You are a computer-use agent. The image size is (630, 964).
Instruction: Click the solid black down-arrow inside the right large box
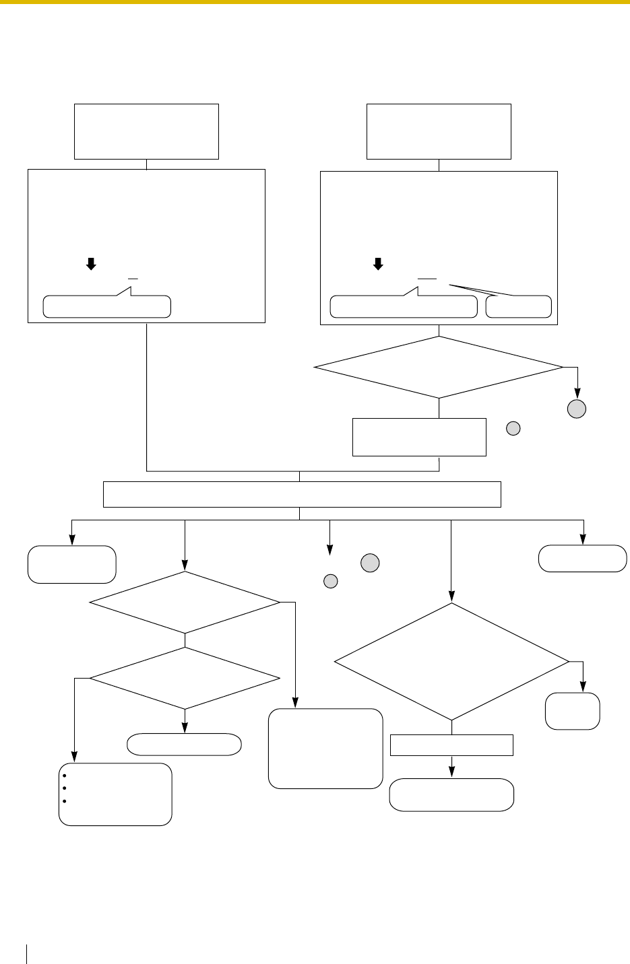tap(378, 265)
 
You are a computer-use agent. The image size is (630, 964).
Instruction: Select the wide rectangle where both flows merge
tap(301, 494)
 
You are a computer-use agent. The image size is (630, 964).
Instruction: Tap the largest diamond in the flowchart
tap(451, 661)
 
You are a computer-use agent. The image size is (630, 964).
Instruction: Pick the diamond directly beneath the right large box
tap(439, 368)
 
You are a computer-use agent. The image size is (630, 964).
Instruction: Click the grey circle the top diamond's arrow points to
tap(577, 409)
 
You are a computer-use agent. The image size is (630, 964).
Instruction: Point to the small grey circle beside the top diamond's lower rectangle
tap(513, 428)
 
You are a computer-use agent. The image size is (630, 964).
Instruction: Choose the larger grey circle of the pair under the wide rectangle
tap(370, 563)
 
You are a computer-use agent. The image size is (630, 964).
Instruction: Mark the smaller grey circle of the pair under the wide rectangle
tap(330, 581)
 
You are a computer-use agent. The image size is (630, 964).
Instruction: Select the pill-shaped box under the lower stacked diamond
tap(184, 744)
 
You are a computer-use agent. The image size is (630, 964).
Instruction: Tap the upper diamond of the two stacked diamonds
tap(185, 602)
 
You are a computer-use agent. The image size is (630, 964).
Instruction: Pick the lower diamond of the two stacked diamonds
tap(185, 678)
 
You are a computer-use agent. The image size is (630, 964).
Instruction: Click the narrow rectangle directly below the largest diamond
tap(451, 745)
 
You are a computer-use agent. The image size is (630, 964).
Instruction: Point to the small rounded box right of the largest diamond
tap(573, 711)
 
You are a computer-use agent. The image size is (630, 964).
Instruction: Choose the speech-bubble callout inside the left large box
tap(106, 306)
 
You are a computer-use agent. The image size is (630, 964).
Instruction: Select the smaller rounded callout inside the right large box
tap(518, 307)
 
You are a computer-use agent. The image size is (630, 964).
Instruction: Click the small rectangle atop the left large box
tap(146, 131)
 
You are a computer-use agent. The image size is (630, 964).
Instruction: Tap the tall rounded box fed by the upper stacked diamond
tap(325, 748)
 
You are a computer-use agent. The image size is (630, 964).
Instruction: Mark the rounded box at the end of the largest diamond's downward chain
tap(451, 795)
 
